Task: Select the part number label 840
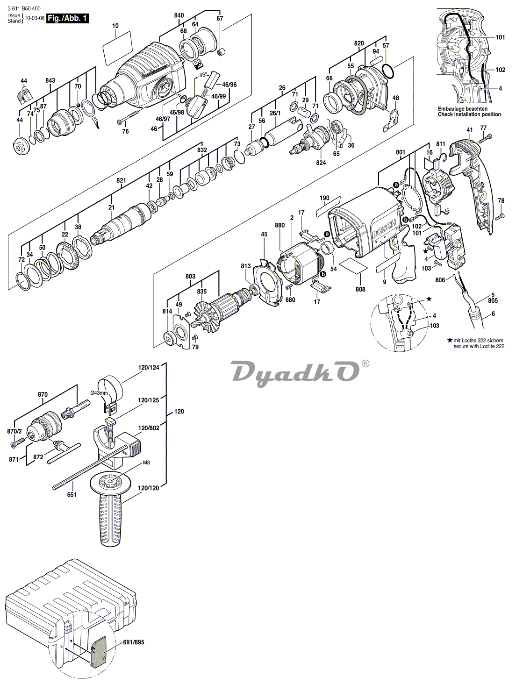(179, 15)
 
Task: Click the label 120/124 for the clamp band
(149, 368)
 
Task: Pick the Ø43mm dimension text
(100, 393)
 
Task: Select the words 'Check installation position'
(469, 114)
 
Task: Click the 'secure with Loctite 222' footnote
(479, 346)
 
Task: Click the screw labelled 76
(128, 116)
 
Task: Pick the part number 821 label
(121, 180)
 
